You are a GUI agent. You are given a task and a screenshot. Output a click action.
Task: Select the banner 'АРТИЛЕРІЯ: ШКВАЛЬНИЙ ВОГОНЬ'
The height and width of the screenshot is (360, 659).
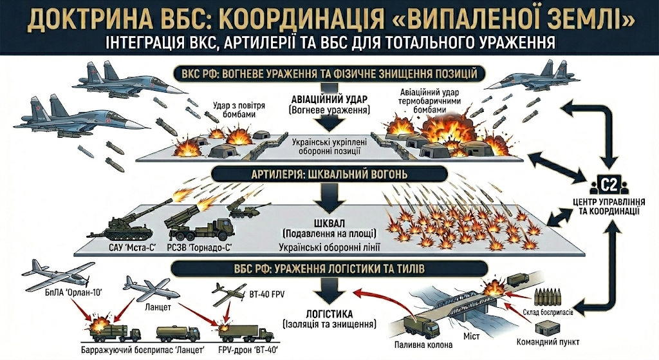(329, 175)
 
